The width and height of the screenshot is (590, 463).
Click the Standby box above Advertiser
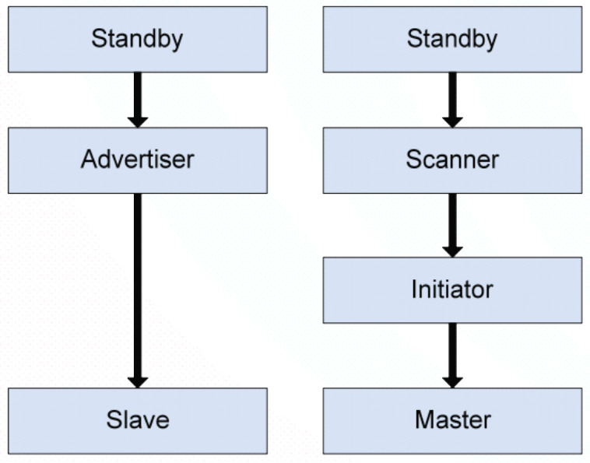coord(137,39)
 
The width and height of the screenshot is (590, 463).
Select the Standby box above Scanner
coord(451,39)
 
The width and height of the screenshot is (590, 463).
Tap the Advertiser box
coord(137,160)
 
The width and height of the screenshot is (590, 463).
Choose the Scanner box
coord(451,160)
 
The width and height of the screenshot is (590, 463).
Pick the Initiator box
coord(451,289)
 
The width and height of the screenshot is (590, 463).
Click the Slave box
coord(137,420)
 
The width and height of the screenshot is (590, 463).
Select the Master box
coord(451,420)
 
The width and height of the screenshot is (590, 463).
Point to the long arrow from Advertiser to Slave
coord(138,288)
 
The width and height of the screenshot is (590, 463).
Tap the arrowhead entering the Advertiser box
coord(138,121)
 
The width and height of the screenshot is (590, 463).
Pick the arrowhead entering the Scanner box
coord(452,121)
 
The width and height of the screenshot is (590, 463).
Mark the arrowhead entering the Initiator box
coord(452,251)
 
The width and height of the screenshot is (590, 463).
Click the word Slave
coord(137,420)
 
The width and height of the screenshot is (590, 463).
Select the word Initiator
coord(451,289)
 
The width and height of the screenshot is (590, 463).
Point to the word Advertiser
coord(137,160)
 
